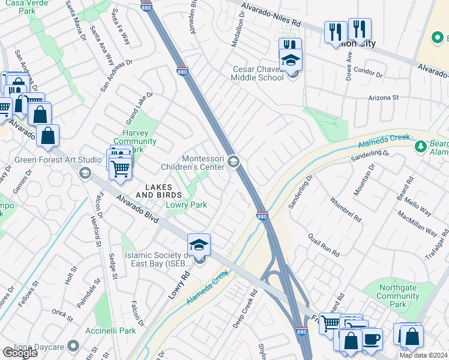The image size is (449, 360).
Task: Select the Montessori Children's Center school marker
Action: click(x=234, y=161)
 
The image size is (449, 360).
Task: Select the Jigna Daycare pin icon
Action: click(x=73, y=346)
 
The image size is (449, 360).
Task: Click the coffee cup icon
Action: click(x=372, y=339)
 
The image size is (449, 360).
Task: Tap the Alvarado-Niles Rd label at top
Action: click(x=271, y=14)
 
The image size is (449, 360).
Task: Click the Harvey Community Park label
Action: click(x=134, y=141)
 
